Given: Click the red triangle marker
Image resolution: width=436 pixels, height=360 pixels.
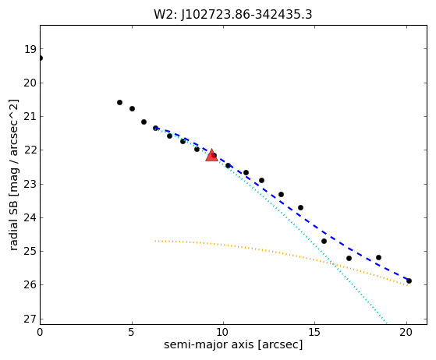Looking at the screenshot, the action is point(211,155).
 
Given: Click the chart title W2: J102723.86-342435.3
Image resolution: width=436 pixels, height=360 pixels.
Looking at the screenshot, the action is point(233,15).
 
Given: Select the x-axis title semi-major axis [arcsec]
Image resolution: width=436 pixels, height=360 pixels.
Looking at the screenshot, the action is point(233,344).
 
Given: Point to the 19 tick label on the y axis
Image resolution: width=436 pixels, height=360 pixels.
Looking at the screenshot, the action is point(30,49).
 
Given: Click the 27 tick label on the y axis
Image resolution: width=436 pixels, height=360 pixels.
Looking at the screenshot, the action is point(30,319).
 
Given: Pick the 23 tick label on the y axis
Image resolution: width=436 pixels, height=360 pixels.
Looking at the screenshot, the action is point(30,184).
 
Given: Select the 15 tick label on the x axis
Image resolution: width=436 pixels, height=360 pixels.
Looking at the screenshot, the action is point(315,332).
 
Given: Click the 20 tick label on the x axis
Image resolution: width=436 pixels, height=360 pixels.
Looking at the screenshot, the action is point(406,332).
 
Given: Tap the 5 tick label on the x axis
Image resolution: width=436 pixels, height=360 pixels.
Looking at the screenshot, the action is point(132,332).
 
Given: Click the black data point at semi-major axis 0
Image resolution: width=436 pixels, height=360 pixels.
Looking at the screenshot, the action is point(41,58).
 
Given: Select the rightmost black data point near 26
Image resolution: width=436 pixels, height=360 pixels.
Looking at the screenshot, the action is point(409,281).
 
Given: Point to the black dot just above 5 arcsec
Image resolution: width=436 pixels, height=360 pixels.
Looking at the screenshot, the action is point(132,108).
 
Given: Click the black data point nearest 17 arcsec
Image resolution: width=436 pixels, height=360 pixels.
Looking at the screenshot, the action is point(349,259).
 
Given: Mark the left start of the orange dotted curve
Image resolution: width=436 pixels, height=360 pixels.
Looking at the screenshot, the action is point(155,241).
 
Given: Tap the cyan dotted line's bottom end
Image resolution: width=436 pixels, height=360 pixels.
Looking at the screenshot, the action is point(387,323).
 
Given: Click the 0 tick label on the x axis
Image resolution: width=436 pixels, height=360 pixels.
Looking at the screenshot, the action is point(40,332).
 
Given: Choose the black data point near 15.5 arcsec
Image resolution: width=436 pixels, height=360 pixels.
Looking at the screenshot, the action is point(324,241).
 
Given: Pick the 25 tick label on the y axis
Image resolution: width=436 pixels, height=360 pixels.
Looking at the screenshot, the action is point(30,252).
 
